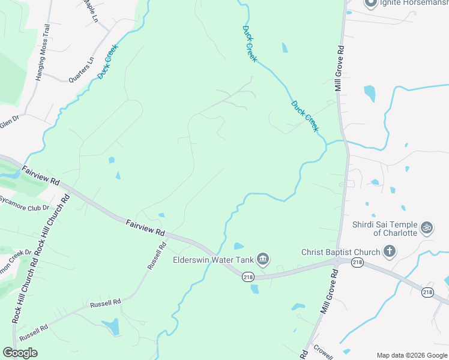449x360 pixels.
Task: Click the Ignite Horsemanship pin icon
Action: coord(371,4)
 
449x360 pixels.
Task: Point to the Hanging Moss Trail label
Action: coord(41,53)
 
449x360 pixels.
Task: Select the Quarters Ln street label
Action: coord(82,70)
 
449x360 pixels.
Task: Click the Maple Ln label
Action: coord(91,11)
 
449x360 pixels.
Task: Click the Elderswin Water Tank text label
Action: coord(213,260)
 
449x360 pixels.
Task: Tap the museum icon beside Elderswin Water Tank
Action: coord(262,259)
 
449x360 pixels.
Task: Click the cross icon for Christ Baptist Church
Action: coord(389,251)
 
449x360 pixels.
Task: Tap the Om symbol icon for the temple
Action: coord(427,227)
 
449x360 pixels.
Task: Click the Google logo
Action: coord(20,352)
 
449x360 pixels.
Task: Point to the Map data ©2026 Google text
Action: coord(412,355)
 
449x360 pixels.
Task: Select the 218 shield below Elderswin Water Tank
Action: coord(247,277)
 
